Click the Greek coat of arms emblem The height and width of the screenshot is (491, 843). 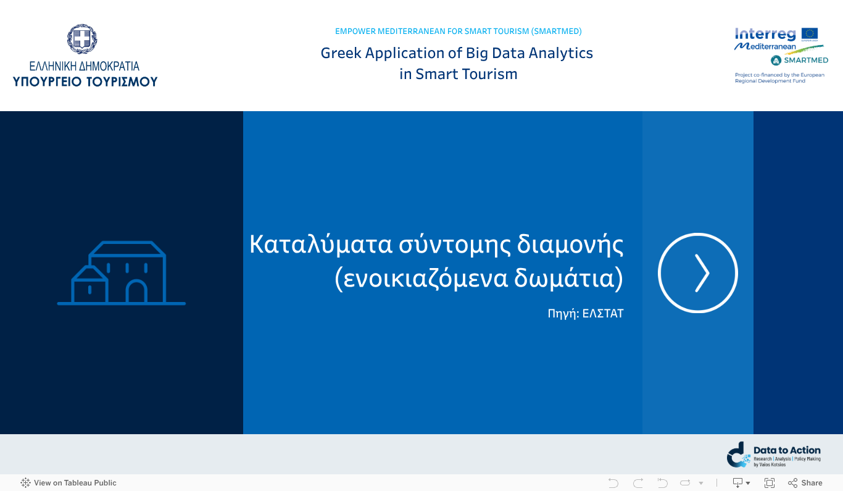coord(83,40)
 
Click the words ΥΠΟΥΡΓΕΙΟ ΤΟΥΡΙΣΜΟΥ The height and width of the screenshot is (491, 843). coord(85,81)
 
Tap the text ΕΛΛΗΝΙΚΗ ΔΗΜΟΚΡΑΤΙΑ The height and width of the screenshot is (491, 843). coord(85,66)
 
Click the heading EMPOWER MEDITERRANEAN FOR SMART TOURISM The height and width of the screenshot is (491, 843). coord(458,31)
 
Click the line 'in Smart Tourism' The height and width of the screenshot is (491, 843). coord(458,74)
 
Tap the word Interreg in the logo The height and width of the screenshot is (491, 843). coord(765,35)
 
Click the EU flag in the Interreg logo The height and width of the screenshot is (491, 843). coord(810,34)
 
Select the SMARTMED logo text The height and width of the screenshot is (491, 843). coord(805,61)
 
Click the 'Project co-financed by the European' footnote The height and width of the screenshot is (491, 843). coord(779,75)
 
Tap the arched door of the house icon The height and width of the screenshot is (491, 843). coord(136,292)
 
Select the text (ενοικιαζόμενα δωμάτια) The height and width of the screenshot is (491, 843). coord(479,279)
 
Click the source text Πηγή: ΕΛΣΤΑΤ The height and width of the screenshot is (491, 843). coord(585,314)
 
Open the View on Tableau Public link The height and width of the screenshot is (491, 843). coord(69,483)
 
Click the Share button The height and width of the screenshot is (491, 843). coord(805,483)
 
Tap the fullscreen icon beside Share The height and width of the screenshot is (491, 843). coord(770,483)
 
